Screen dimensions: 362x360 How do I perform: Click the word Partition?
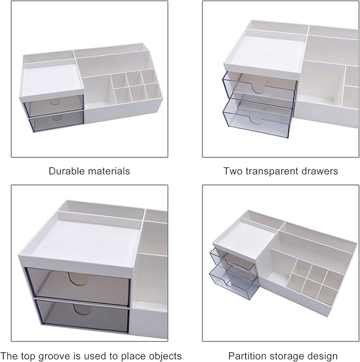246,356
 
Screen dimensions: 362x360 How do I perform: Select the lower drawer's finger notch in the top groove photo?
82,309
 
